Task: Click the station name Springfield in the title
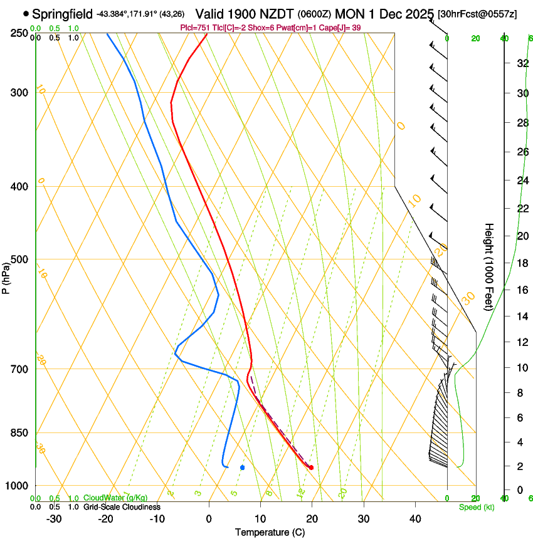[x=62, y=13]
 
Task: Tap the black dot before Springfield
[x=26, y=13]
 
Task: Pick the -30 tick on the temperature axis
[x=53, y=518]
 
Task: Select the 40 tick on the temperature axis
[x=415, y=518]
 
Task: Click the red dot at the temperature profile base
[x=311, y=468]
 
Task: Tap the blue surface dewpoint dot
[x=242, y=467]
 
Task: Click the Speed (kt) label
[x=476, y=507]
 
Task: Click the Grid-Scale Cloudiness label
[x=122, y=506]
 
